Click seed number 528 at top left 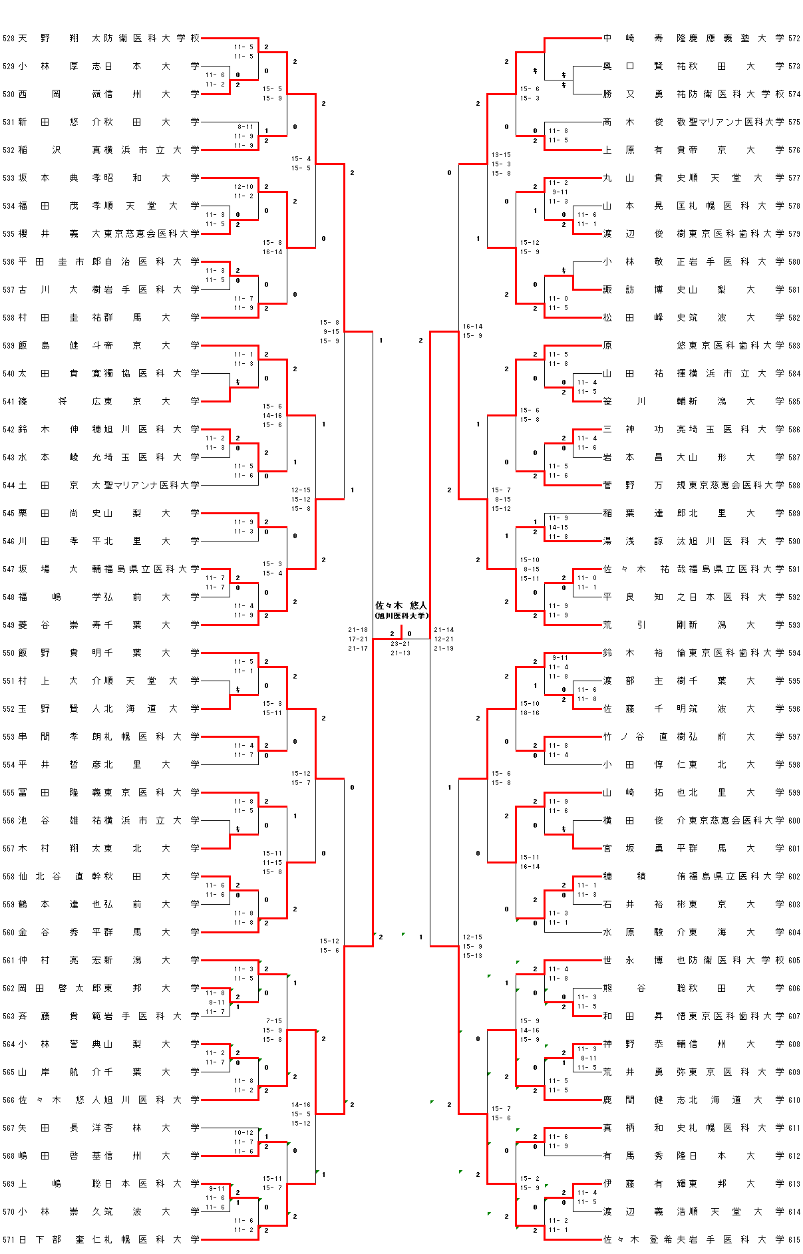[9, 39]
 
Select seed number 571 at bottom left [9, 1239]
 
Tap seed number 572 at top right [794, 39]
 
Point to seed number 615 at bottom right [794, 1239]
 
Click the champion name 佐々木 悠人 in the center [401, 605]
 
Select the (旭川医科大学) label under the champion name [401, 615]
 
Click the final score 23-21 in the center [401, 644]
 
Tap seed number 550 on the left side [9, 653]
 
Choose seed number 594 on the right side [794, 653]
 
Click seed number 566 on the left [9, 1100]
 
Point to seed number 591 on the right [794, 569]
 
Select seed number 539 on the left [9, 345]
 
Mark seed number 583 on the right [794, 345]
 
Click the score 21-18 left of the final [358, 629]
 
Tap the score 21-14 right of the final [444, 629]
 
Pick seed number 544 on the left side [9, 485]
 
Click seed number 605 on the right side [794, 960]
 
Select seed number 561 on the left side [9, 960]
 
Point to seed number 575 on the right [794, 122]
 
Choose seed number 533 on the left [9, 178]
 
